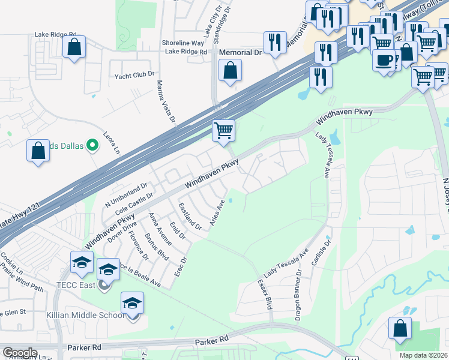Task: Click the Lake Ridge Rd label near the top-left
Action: (x=56, y=35)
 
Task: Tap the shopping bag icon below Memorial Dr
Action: (x=230, y=71)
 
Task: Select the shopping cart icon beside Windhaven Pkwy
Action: (x=223, y=130)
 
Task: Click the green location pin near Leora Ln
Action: (x=92, y=145)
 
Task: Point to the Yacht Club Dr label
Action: (x=134, y=76)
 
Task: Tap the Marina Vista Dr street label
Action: (x=166, y=102)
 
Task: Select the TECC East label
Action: (x=79, y=285)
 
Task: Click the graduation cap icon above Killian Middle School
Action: (x=132, y=304)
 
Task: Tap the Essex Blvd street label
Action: (x=265, y=293)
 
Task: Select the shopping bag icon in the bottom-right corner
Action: (x=400, y=329)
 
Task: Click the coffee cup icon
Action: (x=384, y=60)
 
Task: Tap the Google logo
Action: (x=20, y=353)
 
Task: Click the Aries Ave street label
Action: (x=217, y=212)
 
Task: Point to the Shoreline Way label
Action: (x=183, y=43)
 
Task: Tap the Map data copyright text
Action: (x=424, y=355)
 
